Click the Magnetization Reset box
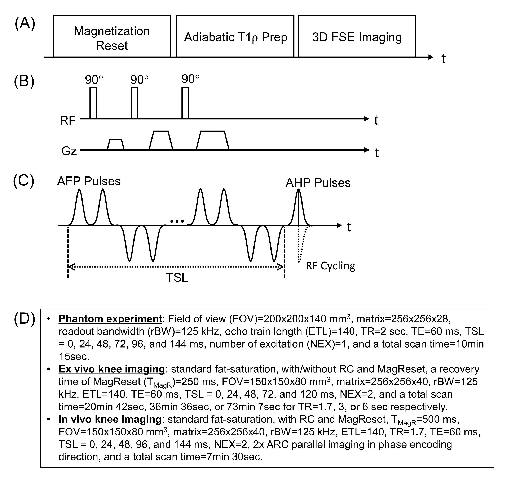pyautogui.click(x=112, y=36)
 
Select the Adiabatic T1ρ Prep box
pyautogui.click(x=235, y=36)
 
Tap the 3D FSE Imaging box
pyautogui.click(x=357, y=36)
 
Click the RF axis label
pyautogui.click(x=67, y=121)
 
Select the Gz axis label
pyautogui.click(x=69, y=151)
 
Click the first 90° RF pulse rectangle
pyautogui.click(x=93, y=103)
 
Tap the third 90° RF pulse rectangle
pyautogui.click(x=185, y=103)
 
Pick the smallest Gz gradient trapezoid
pyautogui.click(x=115, y=145)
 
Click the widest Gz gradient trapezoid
pyautogui.click(x=212, y=141)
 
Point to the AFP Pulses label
pyautogui.click(x=89, y=181)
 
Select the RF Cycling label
pyautogui.click(x=330, y=266)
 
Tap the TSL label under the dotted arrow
pyautogui.click(x=177, y=278)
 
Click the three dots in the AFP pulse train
pyautogui.click(x=177, y=221)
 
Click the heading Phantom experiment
pyautogui.click(x=110, y=319)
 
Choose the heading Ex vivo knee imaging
pyautogui.click(x=112, y=369)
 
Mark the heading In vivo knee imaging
pyautogui.click(x=110, y=419)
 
